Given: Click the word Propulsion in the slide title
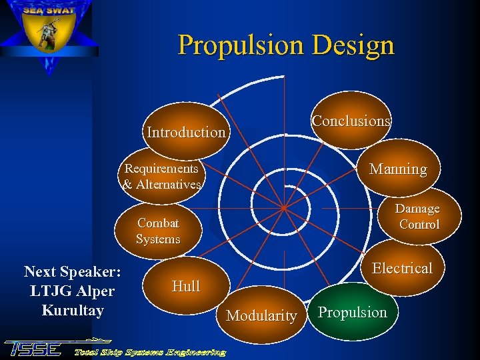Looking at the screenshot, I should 233,45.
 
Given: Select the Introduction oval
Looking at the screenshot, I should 186,131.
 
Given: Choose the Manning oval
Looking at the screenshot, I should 398,169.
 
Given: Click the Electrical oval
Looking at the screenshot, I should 402,268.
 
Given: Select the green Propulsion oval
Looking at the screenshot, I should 352,312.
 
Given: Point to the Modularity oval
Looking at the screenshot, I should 261,315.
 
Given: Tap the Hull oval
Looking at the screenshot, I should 185,286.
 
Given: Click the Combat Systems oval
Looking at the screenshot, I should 158,231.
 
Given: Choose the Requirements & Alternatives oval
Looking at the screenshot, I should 162,177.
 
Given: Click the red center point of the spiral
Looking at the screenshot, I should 283,207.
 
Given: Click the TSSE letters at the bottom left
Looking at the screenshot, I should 33,348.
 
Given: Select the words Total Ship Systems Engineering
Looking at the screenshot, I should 149,351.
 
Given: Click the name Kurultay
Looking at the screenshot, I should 72,310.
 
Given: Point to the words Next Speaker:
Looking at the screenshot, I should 72,271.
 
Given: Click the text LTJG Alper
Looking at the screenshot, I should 72,291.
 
